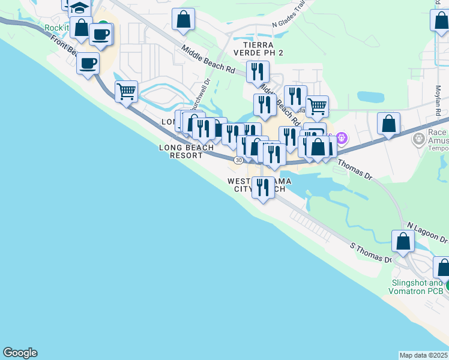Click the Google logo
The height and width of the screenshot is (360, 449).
[x=20, y=353]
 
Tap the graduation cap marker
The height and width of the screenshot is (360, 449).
[x=79, y=8]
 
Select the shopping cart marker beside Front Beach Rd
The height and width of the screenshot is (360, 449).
[x=126, y=92]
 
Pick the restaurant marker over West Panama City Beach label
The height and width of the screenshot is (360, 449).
[x=262, y=188]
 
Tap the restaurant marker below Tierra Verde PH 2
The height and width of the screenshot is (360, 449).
[x=258, y=71]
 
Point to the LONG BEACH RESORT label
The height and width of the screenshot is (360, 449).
[x=186, y=151]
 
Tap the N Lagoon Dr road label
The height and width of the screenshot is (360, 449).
[x=427, y=233]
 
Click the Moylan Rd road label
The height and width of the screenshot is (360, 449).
[x=438, y=99]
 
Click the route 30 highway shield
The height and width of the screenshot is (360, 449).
[x=239, y=160]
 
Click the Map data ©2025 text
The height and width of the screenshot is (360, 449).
[x=424, y=355]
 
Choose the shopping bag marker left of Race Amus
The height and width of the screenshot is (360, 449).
[x=389, y=124]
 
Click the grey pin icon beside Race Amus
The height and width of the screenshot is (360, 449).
[x=419, y=140]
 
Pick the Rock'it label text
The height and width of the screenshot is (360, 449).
[x=57, y=28]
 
